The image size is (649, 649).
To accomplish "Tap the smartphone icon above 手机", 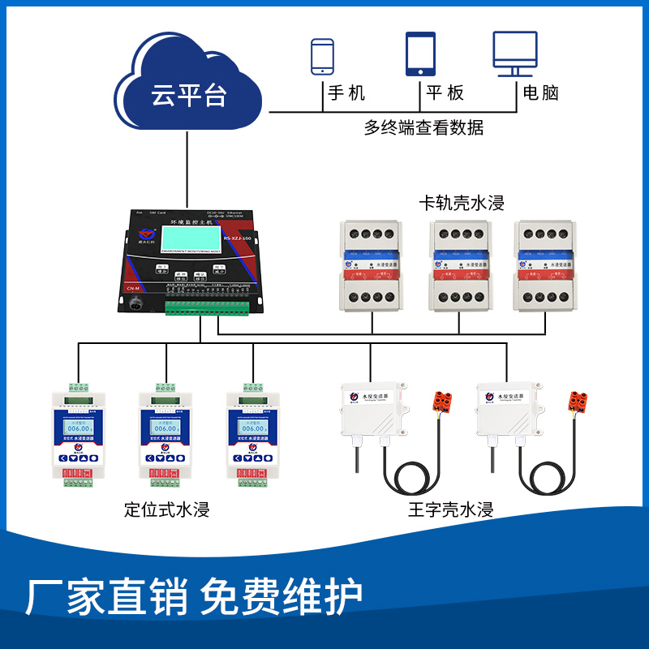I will (x=323, y=57).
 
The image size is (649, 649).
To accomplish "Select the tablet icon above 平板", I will (x=420, y=54).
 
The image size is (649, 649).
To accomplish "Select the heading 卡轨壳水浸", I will (x=461, y=202).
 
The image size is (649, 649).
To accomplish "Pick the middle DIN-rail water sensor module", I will (x=461, y=267).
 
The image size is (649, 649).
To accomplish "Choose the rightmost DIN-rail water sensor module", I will (x=549, y=267).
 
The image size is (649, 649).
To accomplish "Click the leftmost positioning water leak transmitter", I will (x=79, y=434).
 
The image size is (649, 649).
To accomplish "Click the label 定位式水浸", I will (x=166, y=510).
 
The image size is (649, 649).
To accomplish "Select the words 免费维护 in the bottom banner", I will (x=282, y=599).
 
